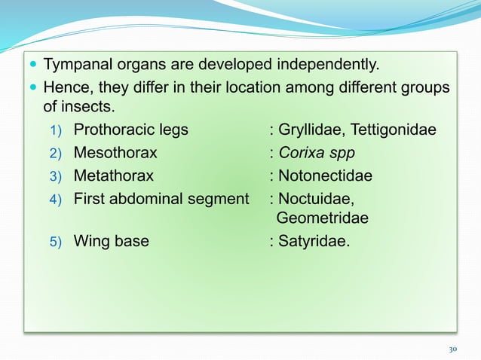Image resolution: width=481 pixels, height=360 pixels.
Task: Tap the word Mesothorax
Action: pyautogui.click(x=115, y=153)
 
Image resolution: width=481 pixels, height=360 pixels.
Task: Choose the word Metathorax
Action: pyautogui.click(x=113, y=176)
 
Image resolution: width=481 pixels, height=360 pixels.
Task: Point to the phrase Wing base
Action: pyautogui.click(x=111, y=242)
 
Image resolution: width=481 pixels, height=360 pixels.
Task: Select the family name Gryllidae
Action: pyautogui.click(x=310, y=130)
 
